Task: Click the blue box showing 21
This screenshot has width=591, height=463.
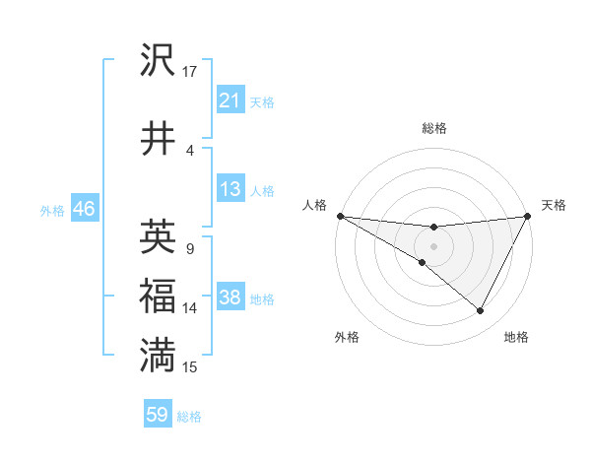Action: [x=230, y=100]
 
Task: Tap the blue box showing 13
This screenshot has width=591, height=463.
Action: [x=230, y=189]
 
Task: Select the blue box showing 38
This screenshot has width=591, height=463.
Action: [x=230, y=298]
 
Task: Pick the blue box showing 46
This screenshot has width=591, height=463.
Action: [x=84, y=209]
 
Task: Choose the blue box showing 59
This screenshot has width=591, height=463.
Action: [x=158, y=416]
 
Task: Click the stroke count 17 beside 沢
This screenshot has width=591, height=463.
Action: [x=189, y=71]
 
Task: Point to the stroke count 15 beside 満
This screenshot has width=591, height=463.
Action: [x=189, y=367]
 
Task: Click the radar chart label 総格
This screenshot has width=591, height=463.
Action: [x=433, y=128]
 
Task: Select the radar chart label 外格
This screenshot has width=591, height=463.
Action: [x=347, y=337]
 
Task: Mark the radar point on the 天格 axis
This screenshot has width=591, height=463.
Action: [x=528, y=216]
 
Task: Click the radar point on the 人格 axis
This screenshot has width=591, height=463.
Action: [x=340, y=216]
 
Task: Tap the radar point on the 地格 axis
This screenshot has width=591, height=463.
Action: [x=481, y=311]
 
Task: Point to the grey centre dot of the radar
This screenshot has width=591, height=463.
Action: [x=433, y=245]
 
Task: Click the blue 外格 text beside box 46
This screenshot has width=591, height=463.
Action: [x=51, y=210]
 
